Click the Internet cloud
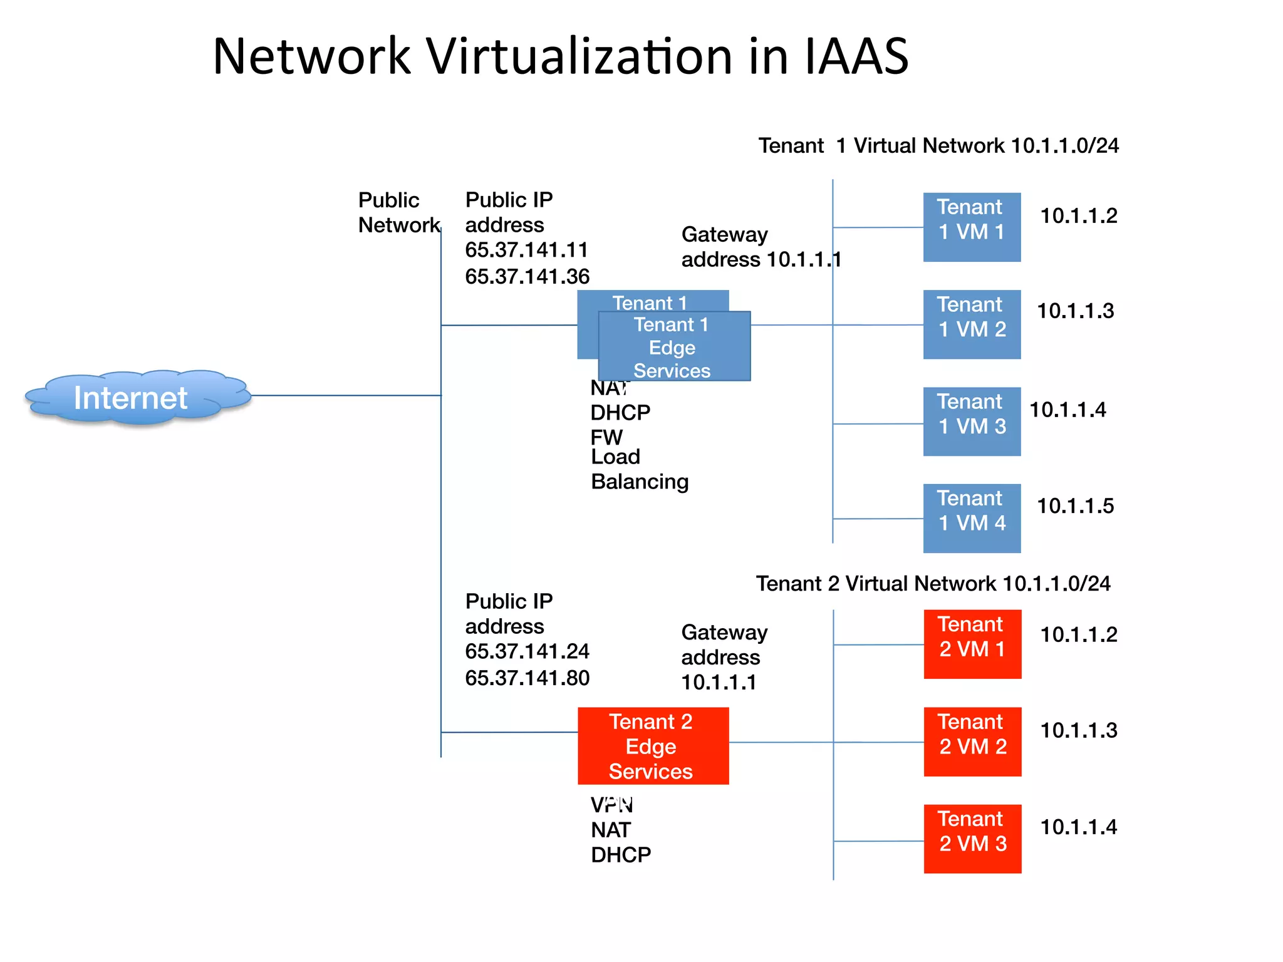pos(132,398)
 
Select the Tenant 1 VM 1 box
pos(972,227)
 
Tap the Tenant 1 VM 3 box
pos(972,421)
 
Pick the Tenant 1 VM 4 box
pos(972,518)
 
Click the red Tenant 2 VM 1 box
pos(972,644)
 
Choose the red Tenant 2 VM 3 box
pos(972,839)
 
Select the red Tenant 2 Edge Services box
pos(653,746)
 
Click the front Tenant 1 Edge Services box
pos(674,347)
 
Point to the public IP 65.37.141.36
pos(527,276)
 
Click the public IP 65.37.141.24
pos(527,651)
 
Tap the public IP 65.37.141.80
pos(527,678)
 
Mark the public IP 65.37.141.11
pos(526,250)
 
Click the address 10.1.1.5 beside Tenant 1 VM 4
pos(1075,506)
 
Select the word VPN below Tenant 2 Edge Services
pos(611,805)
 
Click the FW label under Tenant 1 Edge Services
pos(606,437)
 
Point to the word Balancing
pos(640,482)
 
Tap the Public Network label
pos(398,212)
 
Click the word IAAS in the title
pos(856,56)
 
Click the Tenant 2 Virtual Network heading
pos(933,584)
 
